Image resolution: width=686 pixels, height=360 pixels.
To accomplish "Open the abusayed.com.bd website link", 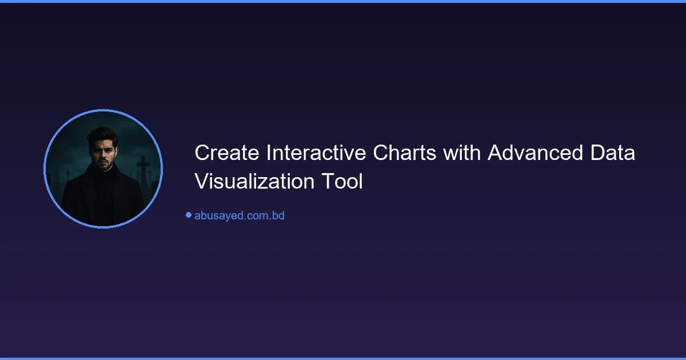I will [239, 215].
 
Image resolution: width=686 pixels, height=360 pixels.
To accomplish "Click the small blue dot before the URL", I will [188, 215].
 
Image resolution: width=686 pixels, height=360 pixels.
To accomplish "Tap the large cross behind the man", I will [143, 171].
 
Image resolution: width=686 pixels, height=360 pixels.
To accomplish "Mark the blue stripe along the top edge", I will [343, 1].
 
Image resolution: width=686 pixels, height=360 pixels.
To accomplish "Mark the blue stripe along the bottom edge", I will [343, 358].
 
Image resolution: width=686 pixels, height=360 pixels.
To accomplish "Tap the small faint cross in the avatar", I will [67, 174].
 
